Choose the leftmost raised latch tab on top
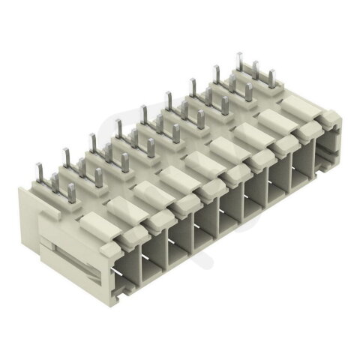pyautogui.click(x=93, y=220)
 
